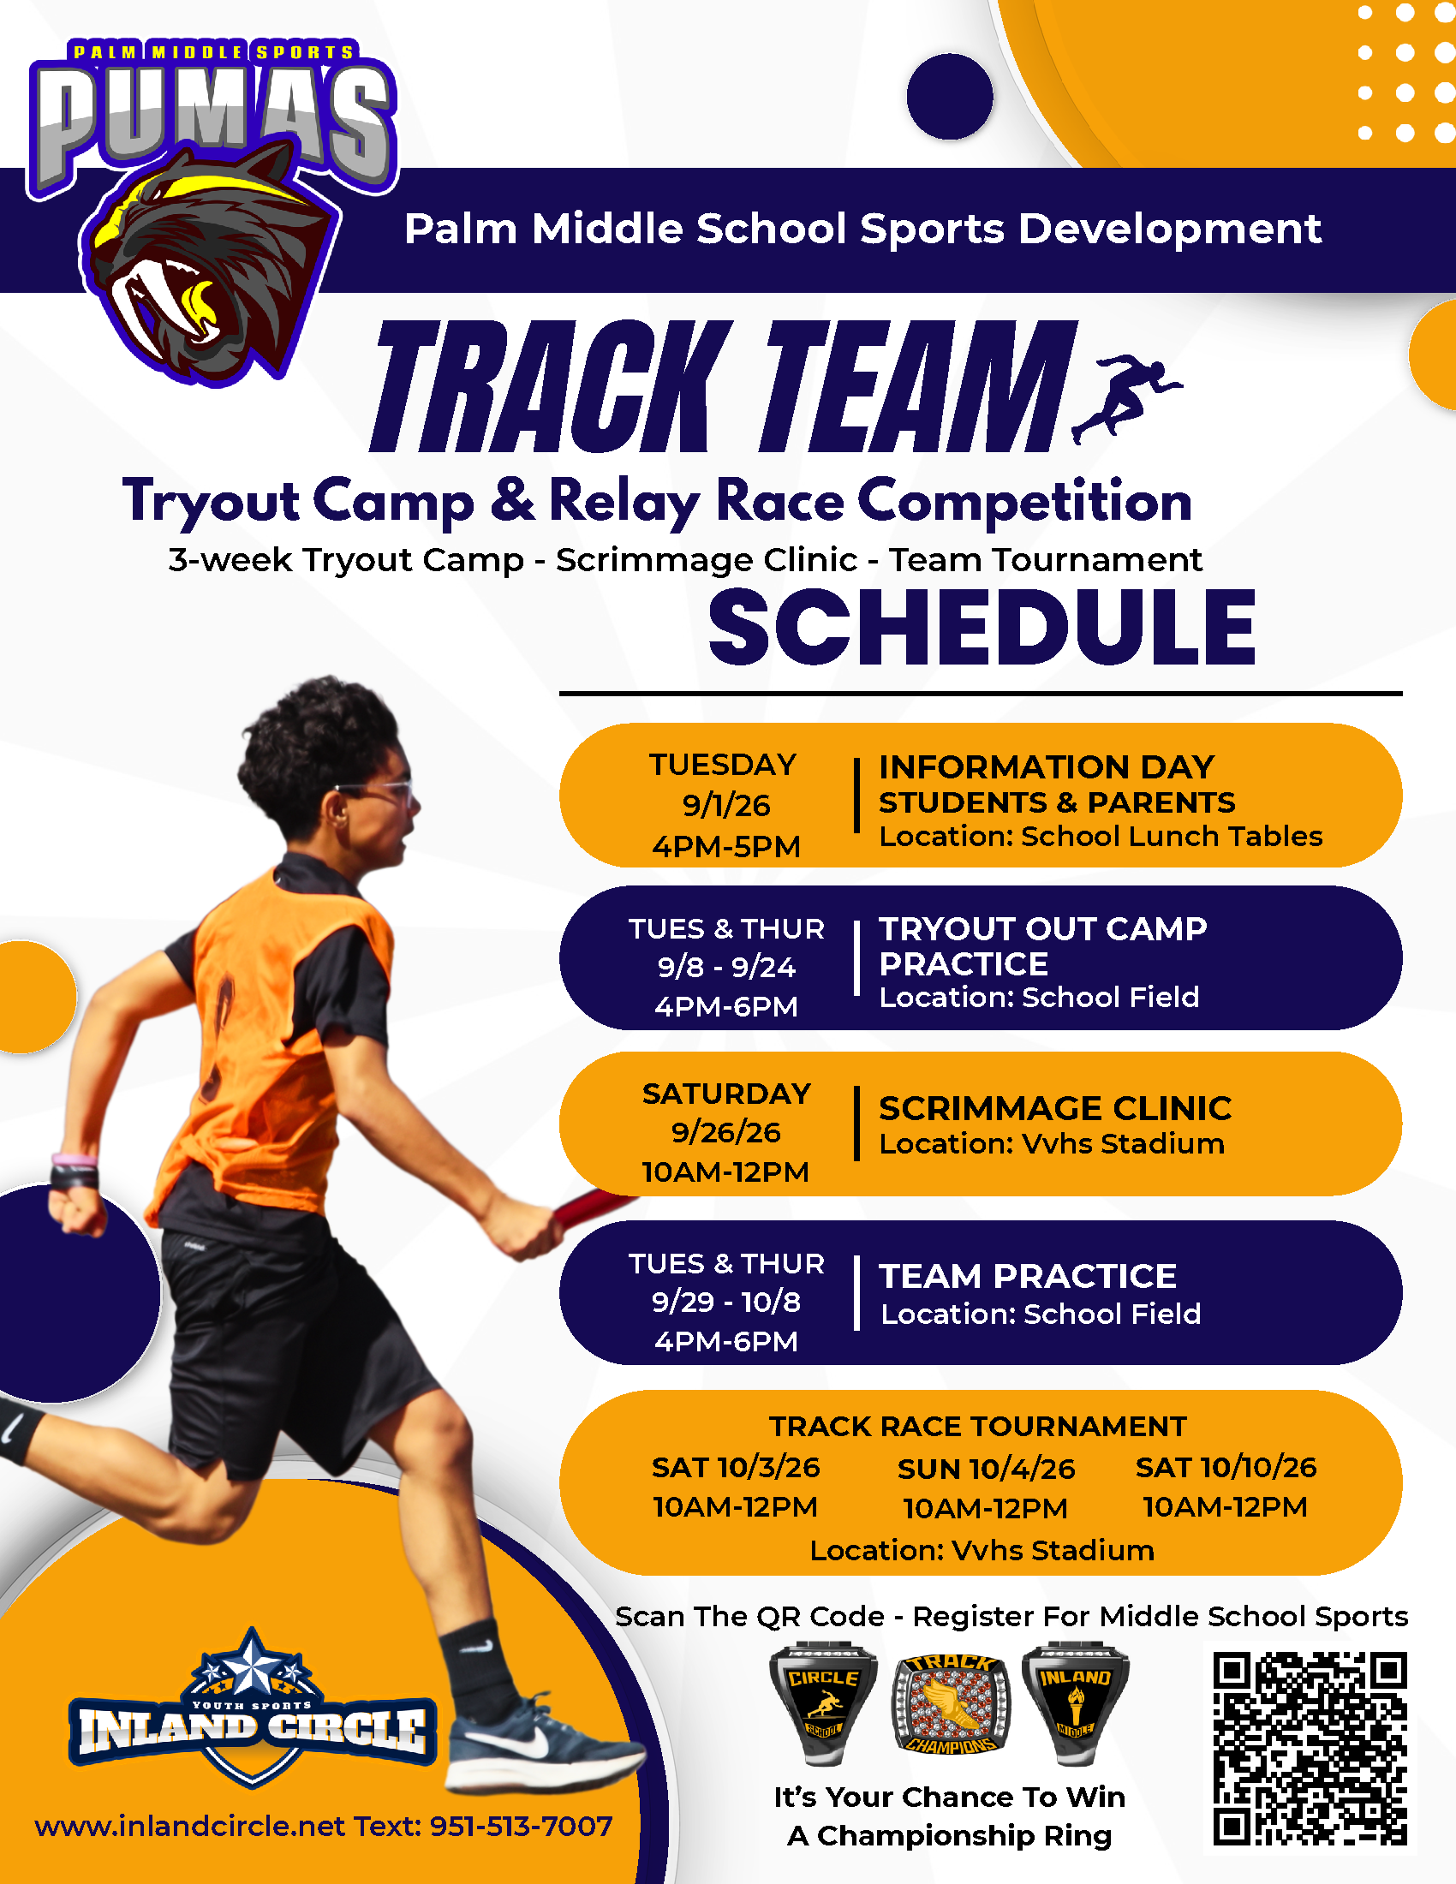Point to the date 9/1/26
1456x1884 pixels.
[726, 806]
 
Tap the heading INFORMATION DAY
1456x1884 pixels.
[1047, 767]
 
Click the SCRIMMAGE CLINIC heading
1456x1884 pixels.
[1055, 1108]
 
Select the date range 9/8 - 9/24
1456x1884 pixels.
[726, 967]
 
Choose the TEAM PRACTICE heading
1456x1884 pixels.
[1027, 1276]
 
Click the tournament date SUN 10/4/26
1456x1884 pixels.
[986, 1469]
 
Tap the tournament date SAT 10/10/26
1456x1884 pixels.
[1226, 1467]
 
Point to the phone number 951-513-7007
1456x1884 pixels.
[521, 1827]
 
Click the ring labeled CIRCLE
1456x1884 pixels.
[823, 1702]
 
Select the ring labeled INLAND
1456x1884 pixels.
[1075, 1702]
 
